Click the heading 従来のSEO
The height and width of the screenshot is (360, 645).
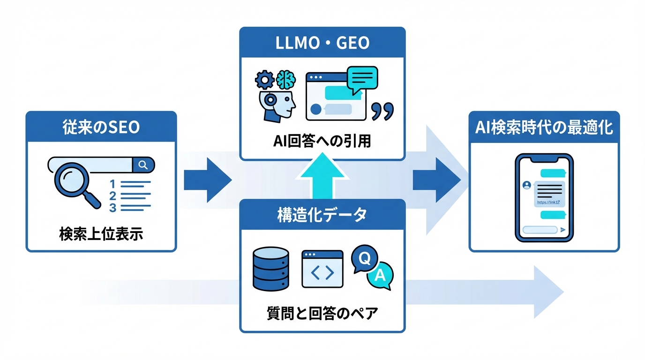coord(101,127)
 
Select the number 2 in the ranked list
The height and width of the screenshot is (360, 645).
coord(112,195)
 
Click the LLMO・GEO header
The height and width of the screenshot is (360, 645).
coord(322,43)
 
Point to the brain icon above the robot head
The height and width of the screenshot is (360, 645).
coord(285,80)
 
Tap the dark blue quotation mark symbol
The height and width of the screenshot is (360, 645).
coord(382,112)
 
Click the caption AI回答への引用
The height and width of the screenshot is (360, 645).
coord(322,141)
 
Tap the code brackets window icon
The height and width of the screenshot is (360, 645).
coord(322,269)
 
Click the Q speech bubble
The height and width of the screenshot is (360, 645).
coord(363,257)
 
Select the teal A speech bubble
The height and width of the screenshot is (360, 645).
coord(380,277)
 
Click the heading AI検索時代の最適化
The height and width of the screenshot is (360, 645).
coord(544,127)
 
